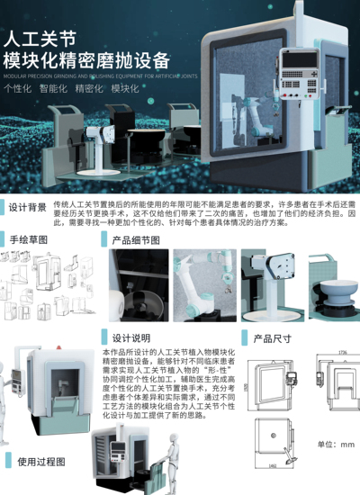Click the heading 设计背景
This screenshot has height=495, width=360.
[x=28, y=207]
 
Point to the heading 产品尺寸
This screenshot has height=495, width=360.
[x=272, y=338]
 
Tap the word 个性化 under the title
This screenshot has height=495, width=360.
[x=19, y=88]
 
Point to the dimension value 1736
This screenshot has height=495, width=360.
[x=342, y=352]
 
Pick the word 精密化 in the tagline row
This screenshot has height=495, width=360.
[x=89, y=88]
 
